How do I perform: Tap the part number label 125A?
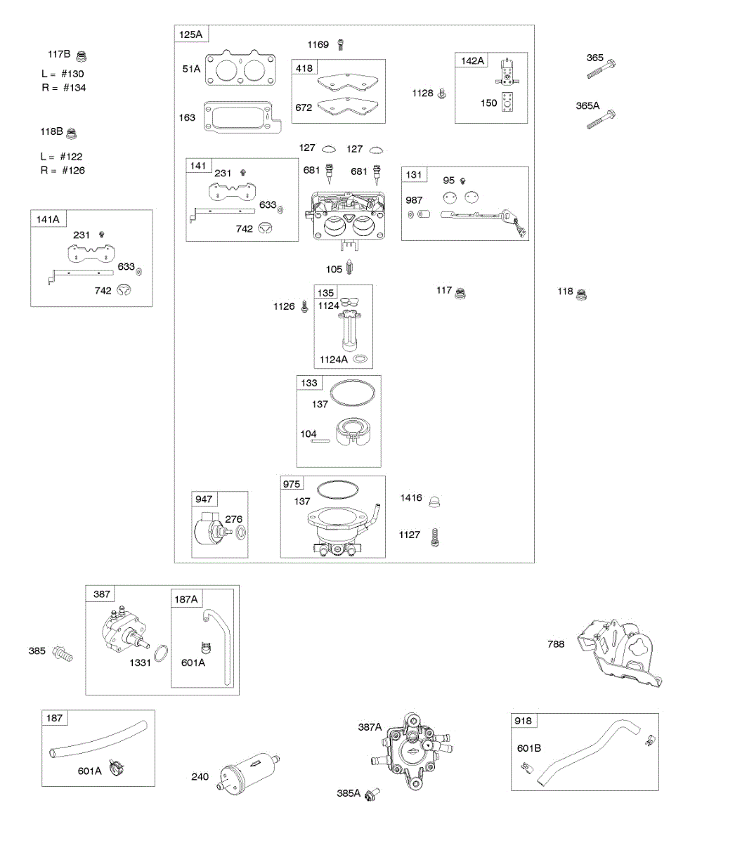click(x=190, y=34)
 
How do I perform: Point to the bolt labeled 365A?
click(x=602, y=119)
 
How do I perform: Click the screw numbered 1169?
click(x=341, y=45)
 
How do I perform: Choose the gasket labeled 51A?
click(x=240, y=69)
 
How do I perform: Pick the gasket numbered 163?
click(x=241, y=117)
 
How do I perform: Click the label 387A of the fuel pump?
click(x=370, y=727)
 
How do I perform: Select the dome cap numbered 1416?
click(x=436, y=501)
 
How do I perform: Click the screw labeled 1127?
click(x=435, y=537)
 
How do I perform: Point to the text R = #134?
click(x=63, y=88)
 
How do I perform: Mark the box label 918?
click(x=523, y=721)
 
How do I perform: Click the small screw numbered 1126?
click(x=305, y=306)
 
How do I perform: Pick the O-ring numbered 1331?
click(x=160, y=653)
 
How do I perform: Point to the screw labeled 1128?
click(x=442, y=93)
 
